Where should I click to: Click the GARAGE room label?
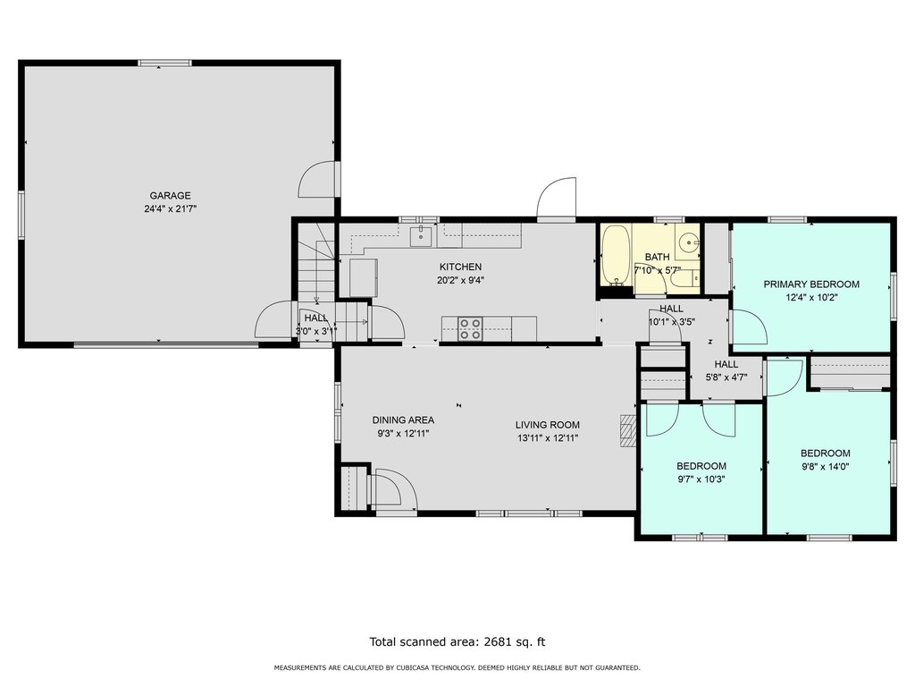(x=170, y=196)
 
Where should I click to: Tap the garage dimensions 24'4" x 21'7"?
(x=171, y=208)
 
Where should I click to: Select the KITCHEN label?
(x=460, y=267)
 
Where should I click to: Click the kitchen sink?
(x=423, y=235)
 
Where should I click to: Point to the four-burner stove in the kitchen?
(x=470, y=329)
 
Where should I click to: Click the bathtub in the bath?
(x=616, y=255)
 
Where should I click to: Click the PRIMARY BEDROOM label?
(x=811, y=284)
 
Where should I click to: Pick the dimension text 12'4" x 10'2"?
(x=811, y=297)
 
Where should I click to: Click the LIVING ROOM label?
(x=548, y=425)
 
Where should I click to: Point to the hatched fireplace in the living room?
(x=628, y=431)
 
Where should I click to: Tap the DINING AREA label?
(x=403, y=420)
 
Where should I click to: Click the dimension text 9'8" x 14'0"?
(x=825, y=466)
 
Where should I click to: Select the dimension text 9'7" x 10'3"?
(x=701, y=479)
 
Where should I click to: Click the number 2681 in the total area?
(x=497, y=642)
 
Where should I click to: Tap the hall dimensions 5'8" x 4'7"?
(x=726, y=377)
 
